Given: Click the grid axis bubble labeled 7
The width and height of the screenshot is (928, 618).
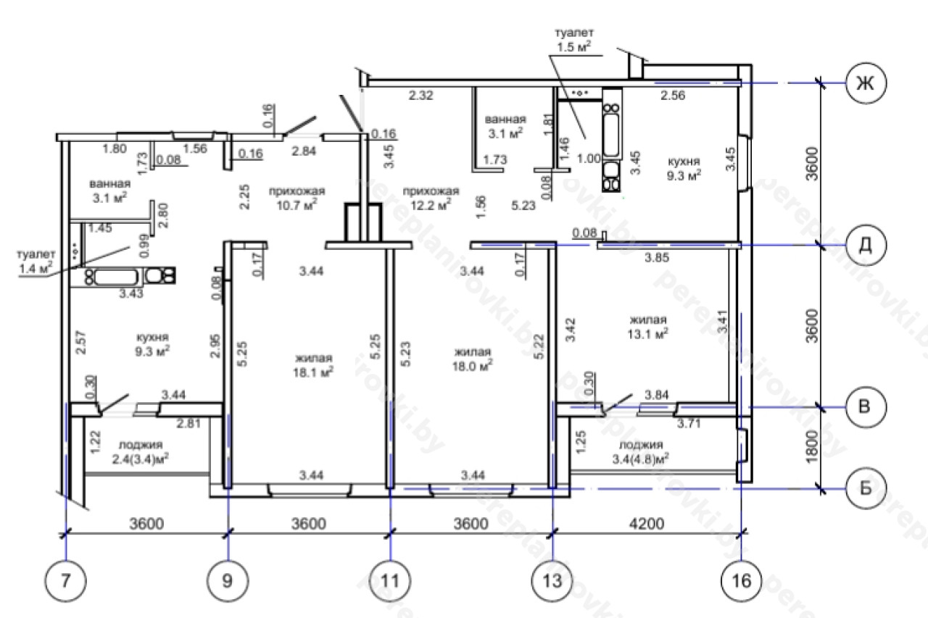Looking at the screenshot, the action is pyautogui.click(x=66, y=581).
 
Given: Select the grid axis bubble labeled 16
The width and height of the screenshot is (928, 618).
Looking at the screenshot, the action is pyautogui.click(x=742, y=581).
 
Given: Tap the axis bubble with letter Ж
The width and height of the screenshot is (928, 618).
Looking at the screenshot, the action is pyautogui.click(x=866, y=83).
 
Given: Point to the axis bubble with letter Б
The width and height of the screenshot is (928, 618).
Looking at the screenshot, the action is pyautogui.click(x=866, y=488).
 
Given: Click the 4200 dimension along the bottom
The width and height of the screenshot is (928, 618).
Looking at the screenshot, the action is pyautogui.click(x=646, y=524).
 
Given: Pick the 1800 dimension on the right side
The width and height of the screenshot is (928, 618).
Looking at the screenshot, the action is pyautogui.click(x=813, y=448).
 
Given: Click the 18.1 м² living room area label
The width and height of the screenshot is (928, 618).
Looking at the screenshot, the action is pyautogui.click(x=313, y=365).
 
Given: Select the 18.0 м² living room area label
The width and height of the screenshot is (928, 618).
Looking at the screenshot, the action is pyautogui.click(x=472, y=359).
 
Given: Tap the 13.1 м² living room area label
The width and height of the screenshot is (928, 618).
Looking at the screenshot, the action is pyautogui.click(x=647, y=327).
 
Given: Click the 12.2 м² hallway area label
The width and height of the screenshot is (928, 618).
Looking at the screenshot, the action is pyautogui.click(x=431, y=198).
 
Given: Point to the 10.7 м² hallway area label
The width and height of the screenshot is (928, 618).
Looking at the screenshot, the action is pyautogui.click(x=297, y=198).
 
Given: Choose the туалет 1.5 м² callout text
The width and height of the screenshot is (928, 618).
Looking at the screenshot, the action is pyautogui.click(x=574, y=40).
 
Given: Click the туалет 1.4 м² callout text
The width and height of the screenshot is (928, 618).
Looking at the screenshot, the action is pyautogui.click(x=36, y=262).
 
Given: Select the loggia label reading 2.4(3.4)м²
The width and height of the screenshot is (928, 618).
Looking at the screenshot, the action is pyautogui.click(x=141, y=452).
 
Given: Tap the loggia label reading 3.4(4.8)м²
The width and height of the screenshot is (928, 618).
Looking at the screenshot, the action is pyautogui.click(x=640, y=452).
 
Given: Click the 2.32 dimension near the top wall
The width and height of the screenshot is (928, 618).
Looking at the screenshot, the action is pyautogui.click(x=421, y=96).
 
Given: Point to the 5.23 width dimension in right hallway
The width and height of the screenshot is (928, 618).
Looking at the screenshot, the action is pyautogui.click(x=523, y=205).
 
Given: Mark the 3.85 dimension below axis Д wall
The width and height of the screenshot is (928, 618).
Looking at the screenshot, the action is pyautogui.click(x=657, y=257).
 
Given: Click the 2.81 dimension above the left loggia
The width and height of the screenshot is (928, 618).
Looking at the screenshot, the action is pyautogui.click(x=188, y=423).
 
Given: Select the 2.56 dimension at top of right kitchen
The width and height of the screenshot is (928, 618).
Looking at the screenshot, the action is pyautogui.click(x=673, y=96).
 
